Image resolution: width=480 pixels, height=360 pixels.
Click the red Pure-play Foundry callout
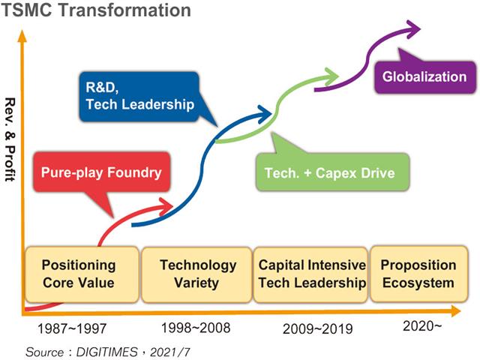pos(101,173)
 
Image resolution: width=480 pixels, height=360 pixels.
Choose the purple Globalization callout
pos(424,76)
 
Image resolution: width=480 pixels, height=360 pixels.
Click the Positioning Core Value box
pos(79,274)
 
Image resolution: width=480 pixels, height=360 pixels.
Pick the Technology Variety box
pos(198,274)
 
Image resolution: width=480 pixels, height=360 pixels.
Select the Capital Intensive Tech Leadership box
pos(311,274)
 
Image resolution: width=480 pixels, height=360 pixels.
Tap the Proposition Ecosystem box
pos(418,274)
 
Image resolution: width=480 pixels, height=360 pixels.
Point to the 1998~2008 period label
pos(196,328)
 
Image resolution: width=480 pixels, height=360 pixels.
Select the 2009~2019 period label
pos(316,328)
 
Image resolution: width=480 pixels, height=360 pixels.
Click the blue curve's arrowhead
pos(265,113)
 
